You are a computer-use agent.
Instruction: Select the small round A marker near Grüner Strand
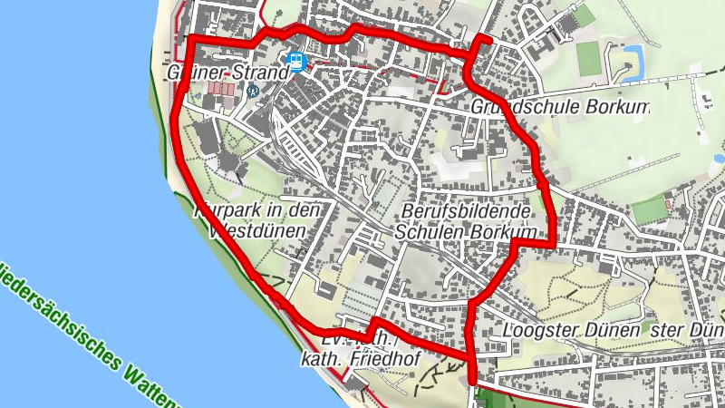point(253,90)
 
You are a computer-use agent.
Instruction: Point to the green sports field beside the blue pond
point(589,56)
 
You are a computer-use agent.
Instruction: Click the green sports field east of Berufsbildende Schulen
point(650,210)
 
